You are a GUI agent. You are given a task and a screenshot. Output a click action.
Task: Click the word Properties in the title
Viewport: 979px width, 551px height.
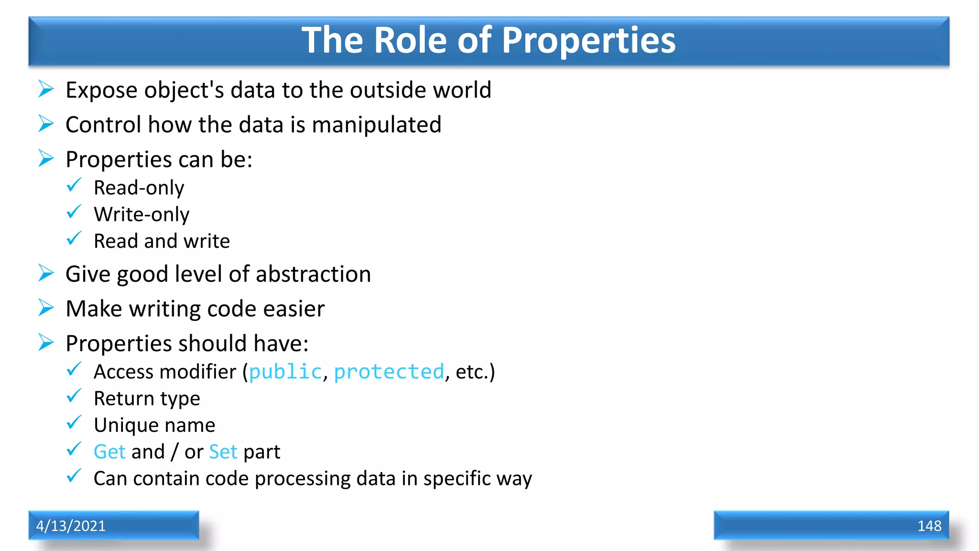click(x=588, y=41)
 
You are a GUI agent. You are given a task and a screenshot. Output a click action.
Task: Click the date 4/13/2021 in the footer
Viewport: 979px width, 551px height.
click(x=71, y=526)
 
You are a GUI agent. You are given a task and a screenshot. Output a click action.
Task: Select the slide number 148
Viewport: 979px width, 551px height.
click(x=929, y=526)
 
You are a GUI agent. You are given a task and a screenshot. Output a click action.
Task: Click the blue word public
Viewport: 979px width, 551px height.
click(x=285, y=372)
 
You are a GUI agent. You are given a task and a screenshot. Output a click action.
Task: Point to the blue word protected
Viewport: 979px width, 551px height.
click(x=389, y=372)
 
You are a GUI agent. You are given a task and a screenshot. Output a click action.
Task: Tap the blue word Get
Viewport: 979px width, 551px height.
click(x=109, y=452)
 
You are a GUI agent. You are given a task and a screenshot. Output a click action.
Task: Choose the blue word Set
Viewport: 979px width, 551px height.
click(x=223, y=452)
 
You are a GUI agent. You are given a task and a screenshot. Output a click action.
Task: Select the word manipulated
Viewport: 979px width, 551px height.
click(x=376, y=125)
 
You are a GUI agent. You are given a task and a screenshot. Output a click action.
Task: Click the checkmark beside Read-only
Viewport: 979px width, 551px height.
click(x=74, y=185)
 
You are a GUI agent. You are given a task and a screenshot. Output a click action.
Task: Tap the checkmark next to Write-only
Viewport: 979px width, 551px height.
click(x=74, y=212)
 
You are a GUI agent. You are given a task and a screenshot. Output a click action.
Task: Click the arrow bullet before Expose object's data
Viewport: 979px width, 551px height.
click(x=46, y=89)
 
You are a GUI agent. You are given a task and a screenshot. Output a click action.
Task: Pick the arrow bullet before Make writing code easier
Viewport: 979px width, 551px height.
click(x=46, y=308)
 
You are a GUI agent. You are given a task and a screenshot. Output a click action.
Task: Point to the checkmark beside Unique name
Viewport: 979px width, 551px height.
click(x=74, y=422)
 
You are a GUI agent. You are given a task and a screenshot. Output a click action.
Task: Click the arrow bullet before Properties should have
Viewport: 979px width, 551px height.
click(x=46, y=342)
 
